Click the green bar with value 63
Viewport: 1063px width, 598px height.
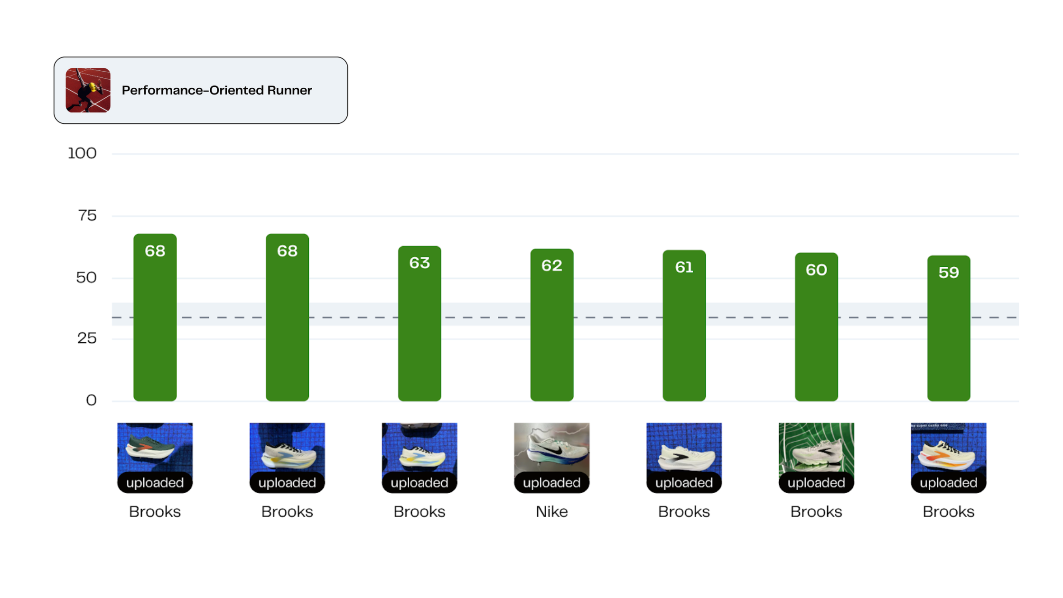tap(420, 327)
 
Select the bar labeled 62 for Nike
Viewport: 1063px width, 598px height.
tap(551, 327)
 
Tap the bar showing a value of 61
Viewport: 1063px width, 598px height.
tap(684, 327)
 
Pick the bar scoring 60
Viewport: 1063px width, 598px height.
tap(816, 327)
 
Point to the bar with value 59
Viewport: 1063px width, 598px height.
tap(949, 332)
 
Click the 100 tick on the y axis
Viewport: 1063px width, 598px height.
tap(82, 153)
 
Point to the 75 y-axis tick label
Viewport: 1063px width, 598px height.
tap(87, 215)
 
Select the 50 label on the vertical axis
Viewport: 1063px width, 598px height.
tap(86, 278)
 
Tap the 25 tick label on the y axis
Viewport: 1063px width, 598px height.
tap(87, 338)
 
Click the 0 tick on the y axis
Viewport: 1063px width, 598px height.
tap(91, 401)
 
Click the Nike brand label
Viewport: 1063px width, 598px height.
tap(551, 512)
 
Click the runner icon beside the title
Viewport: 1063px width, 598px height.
tap(88, 90)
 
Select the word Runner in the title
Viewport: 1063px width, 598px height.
tap(289, 90)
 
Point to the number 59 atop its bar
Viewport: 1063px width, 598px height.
tap(949, 272)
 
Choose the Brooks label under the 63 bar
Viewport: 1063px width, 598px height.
tap(420, 512)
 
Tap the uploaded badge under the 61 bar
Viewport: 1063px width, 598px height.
tap(684, 483)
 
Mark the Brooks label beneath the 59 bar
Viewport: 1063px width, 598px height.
tap(949, 512)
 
